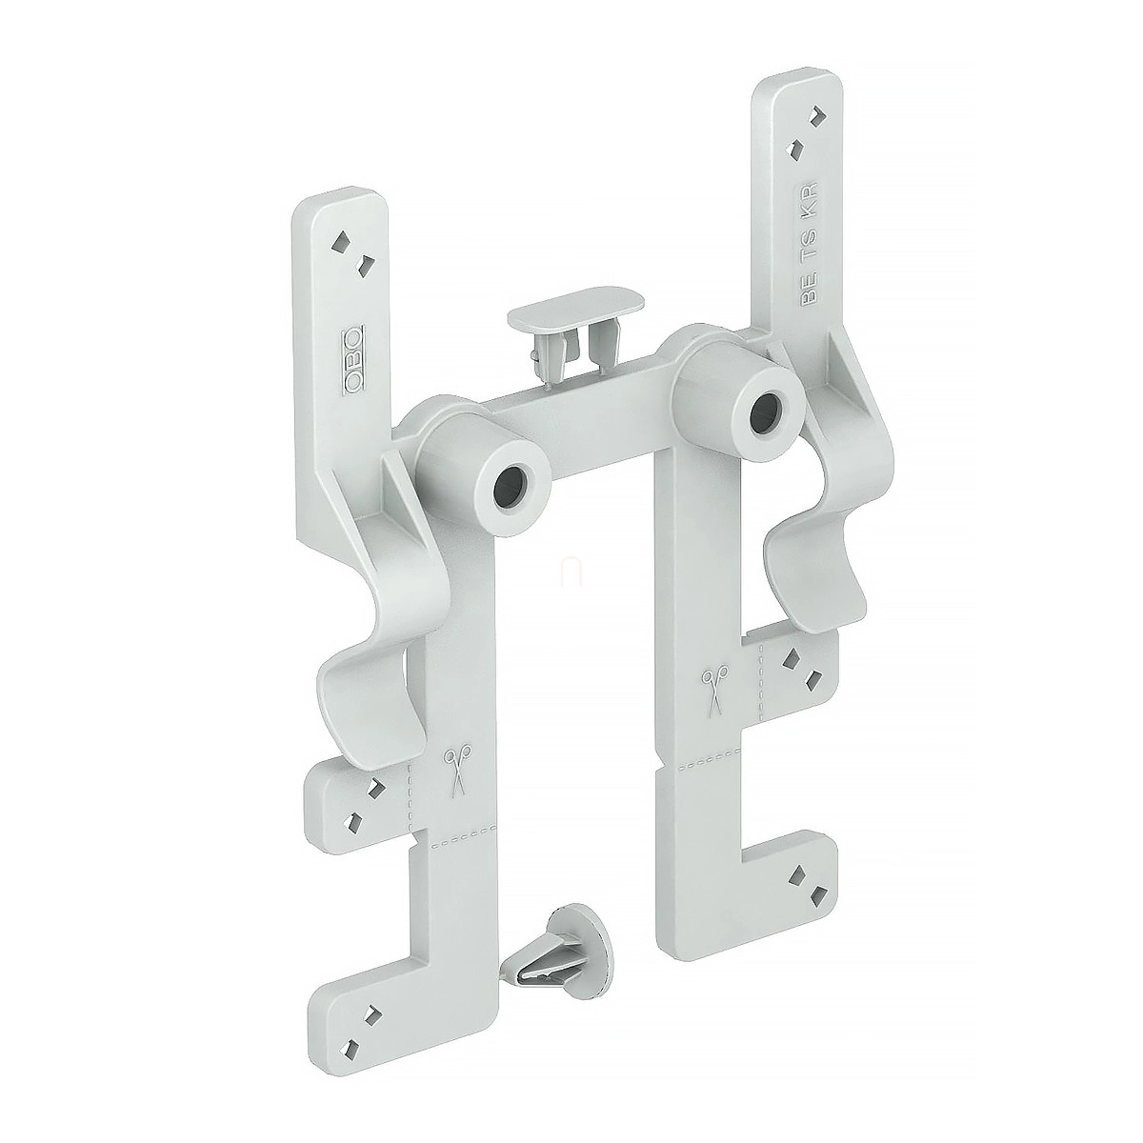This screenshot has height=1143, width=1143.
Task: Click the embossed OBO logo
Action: coord(353,359)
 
